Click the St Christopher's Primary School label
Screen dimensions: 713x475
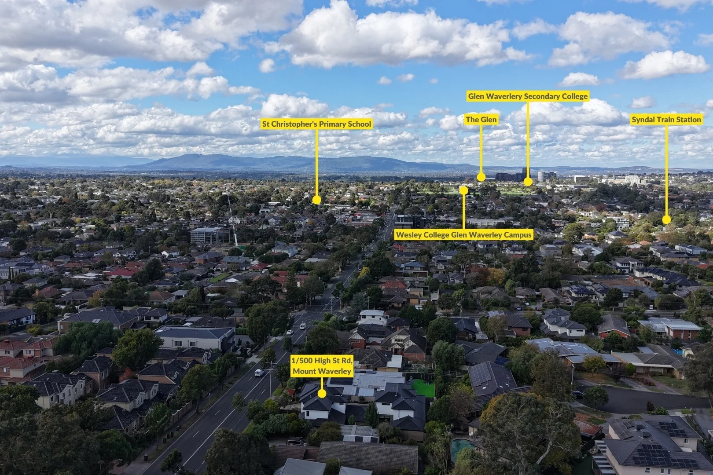[317, 124]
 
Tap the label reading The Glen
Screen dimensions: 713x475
[481, 120]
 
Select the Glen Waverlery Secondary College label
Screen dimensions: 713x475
[528, 96]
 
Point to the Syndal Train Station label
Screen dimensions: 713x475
[666, 120]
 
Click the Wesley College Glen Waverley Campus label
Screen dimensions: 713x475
[464, 235]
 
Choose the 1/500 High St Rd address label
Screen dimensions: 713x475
[322, 366]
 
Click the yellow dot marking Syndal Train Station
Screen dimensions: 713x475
[666, 219]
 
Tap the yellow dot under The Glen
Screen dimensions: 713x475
[481, 177]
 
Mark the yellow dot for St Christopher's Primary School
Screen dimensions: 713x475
[316, 200]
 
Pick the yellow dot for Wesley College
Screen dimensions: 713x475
[463, 190]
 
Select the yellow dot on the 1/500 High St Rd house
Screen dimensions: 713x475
[322, 394]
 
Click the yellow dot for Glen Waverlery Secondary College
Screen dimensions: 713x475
[528, 182]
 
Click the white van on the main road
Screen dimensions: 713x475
[259, 373]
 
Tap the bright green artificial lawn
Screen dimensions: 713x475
[423, 388]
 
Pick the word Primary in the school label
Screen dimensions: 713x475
[331, 124]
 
